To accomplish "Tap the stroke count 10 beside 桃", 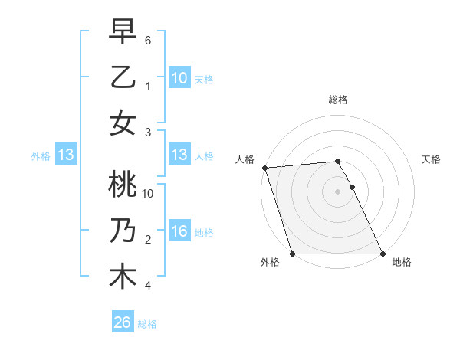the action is coord(148,193).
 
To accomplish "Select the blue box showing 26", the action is coord(122,323).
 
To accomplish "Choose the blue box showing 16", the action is coord(179,232).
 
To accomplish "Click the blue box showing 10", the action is coord(179,78).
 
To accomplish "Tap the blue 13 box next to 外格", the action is coord(66,155).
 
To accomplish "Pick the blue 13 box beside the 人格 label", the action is coord(179,155).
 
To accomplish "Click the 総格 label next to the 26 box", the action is coord(147,324).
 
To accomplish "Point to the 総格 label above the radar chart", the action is coord(337,100).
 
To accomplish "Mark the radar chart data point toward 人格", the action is coord(264,168).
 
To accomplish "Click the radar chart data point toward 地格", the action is coord(382,254).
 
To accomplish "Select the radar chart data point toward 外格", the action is coord(293,254).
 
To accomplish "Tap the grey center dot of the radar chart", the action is coord(337,191).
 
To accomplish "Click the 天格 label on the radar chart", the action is coord(431,159).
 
